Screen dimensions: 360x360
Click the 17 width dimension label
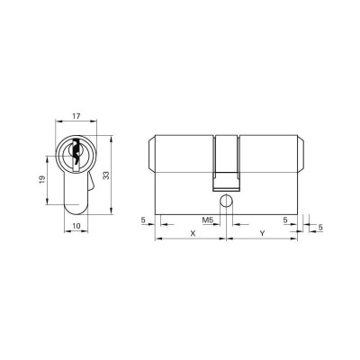click(x=76, y=116)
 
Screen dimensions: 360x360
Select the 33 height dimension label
click(x=106, y=175)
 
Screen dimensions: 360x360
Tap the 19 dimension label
click(x=42, y=179)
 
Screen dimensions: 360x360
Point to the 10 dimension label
click(x=76, y=226)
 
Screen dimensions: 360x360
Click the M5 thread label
click(x=207, y=220)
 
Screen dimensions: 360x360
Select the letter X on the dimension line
click(x=193, y=233)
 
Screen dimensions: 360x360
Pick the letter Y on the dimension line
click(x=263, y=233)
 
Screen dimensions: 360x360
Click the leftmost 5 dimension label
click(x=143, y=220)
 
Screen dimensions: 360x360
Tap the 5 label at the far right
click(x=320, y=228)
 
